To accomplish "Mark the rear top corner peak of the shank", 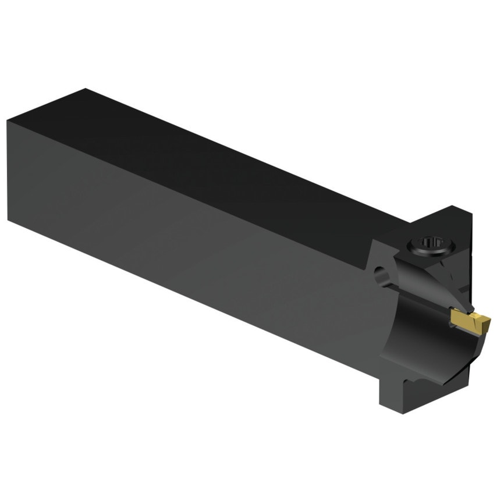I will pos(86,89).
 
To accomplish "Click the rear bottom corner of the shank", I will pos(9,220).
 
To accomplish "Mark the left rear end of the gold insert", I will pos(453,318).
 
